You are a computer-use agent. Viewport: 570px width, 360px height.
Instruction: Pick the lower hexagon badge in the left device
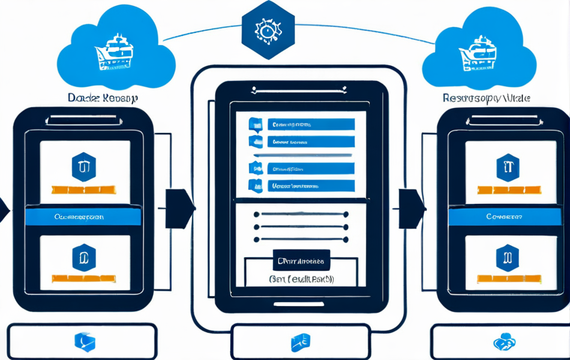click(x=83, y=257)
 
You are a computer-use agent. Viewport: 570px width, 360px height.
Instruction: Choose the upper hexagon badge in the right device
click(x=508, y=166)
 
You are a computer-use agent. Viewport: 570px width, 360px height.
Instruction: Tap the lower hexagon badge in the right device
click(x=508, y=257)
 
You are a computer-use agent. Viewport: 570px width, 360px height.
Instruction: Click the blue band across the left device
click(x=83, y=216)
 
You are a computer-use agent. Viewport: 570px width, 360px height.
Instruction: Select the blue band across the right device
click(x=504, y=216)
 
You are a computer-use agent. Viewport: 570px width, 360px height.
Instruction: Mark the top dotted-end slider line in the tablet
click(x=301, y=214)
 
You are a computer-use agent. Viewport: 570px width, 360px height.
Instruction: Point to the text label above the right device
click(x=486, y=98)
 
